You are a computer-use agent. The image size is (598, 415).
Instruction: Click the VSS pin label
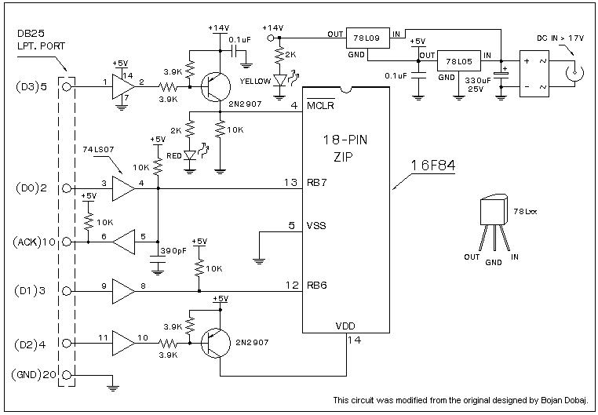tap(316, 228)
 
